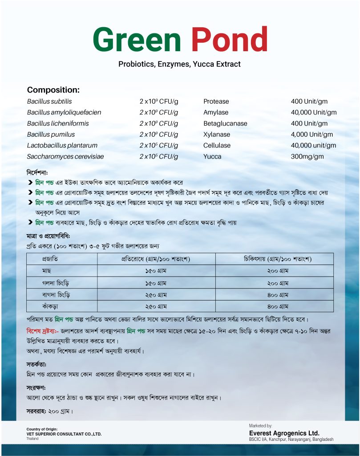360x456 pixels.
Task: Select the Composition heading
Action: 53,90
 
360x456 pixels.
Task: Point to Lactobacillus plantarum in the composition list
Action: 62,146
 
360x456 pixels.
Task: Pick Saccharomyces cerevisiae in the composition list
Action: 65,157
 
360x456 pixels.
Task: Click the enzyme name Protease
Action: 216,102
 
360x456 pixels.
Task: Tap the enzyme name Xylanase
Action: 217,134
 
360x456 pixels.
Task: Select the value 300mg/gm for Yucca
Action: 307,157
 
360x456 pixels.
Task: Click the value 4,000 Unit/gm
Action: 312,134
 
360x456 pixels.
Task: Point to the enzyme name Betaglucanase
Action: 225,123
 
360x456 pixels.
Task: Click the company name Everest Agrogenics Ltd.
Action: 284,433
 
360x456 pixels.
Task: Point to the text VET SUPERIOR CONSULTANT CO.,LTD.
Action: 64,434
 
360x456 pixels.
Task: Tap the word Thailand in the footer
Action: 32,439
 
